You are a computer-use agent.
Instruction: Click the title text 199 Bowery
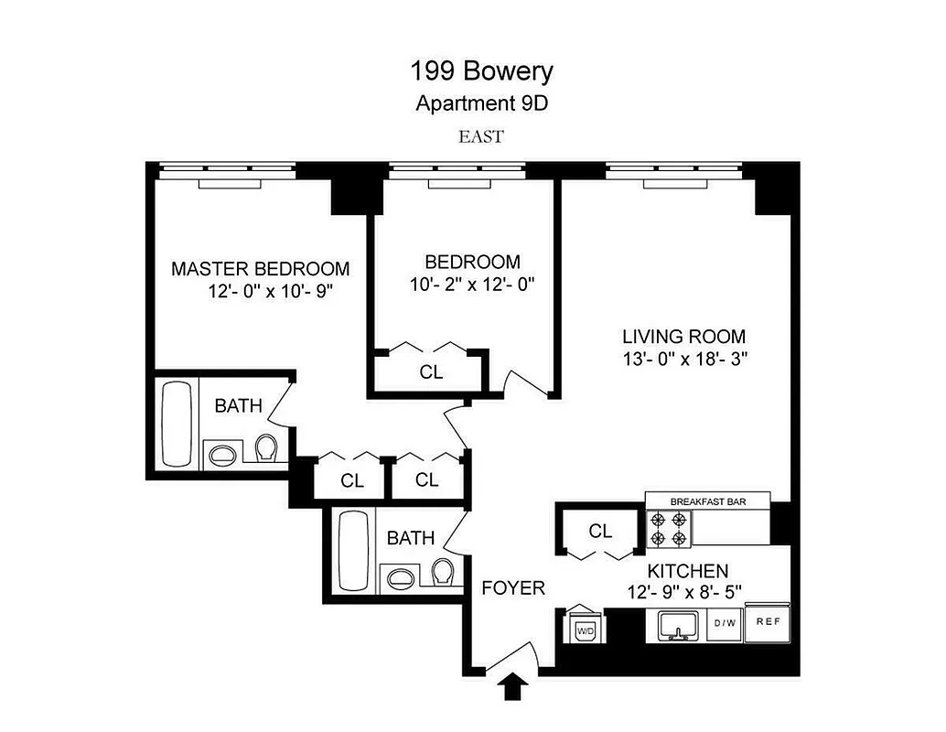(x=480, y=70)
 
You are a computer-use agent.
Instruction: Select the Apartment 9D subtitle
(x=481, y=102)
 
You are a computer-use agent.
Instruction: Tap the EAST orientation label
(x=481, y=137)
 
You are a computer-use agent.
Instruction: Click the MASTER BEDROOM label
(x=261, y=269)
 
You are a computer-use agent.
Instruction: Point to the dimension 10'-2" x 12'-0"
(x=471, y=285)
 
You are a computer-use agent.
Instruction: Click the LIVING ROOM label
(x=684, y=336)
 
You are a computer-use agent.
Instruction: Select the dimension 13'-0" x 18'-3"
(x=684, y=359)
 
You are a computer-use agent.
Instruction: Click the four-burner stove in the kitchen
(x=668, y=528)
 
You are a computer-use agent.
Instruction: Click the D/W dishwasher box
(x=725, y=623)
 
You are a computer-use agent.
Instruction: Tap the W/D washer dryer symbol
(x=583, y=627)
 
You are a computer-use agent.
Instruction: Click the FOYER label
(x=513, y=588)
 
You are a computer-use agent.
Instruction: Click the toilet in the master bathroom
(x=265, y=449)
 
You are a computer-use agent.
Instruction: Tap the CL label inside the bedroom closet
(x=431, y=372)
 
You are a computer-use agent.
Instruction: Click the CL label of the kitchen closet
(x=600, y=531)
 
